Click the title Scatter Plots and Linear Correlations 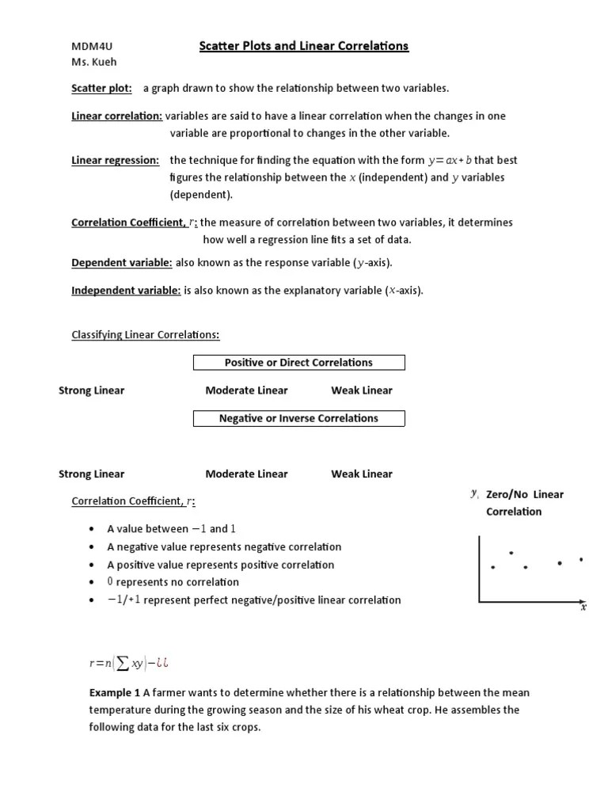point(303,46)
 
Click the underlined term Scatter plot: point(102,88)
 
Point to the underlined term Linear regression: point(115,160)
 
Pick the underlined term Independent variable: point(127,291)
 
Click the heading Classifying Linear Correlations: point(146,335)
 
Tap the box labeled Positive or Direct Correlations point(298,363)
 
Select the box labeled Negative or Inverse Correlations point(298,418)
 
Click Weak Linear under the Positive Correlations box point(361,390)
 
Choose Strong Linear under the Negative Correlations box point(91,474)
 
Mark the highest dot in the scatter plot point(511,552)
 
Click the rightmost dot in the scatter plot point(581,559)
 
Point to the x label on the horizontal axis point(583,608)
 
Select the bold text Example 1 point(114,692)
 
